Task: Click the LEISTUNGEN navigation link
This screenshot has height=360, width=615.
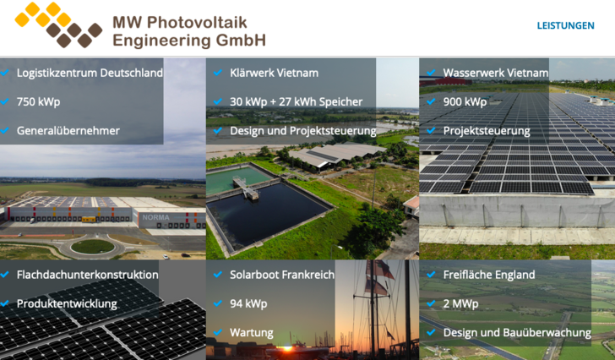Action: (x=565, y=25)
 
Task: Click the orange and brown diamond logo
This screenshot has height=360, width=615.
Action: (x=58, y=25)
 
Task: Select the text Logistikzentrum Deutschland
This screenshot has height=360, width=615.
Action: (x=90, y=73)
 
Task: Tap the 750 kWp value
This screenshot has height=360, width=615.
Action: (x=38, y=101)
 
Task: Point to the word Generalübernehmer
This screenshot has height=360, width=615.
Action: (x=68, y=130)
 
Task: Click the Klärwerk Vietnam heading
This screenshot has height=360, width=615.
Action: (x=274, y=73)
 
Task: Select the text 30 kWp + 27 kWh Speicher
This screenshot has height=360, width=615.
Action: (x=296, y=101)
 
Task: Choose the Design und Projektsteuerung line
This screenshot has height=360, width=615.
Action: (x=302, y=130)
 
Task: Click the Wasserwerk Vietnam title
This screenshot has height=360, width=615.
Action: (x=495, y=73)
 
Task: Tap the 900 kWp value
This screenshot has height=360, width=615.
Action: (x=465, y=101)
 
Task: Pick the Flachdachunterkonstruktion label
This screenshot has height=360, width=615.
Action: (x=87, y=275)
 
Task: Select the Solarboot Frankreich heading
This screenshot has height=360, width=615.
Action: (x=282, y=275)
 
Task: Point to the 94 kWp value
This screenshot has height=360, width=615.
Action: (x=248, y=303)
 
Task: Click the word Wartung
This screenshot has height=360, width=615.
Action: (x=251, y=332)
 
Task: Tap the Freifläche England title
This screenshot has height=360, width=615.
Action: (x=489, y=275)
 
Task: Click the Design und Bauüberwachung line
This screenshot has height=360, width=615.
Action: (x=516, y=332)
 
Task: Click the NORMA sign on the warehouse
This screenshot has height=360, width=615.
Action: (x=150, y=217)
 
